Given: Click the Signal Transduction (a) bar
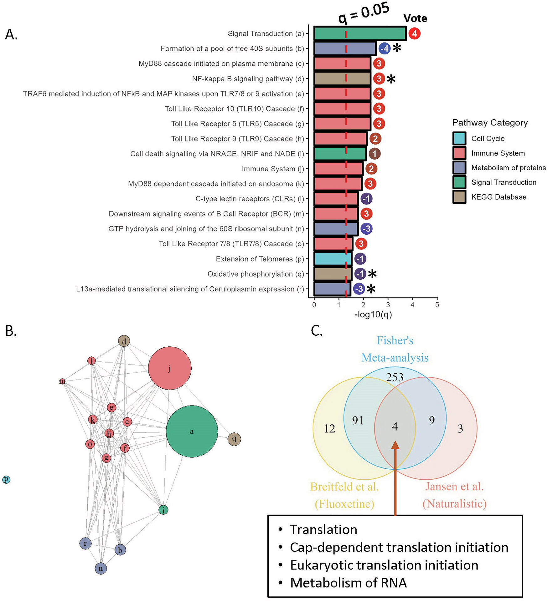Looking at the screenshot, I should (x=360, y=33).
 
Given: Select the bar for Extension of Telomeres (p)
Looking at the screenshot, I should (x=333, y=259).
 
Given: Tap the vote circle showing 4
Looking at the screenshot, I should (x=414, y=33).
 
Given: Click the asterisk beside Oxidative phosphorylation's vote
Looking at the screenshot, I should (x=372, y=274).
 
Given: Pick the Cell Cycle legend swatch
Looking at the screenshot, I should (x=459, y=138).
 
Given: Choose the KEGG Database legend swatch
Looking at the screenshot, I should (x=459, y=197).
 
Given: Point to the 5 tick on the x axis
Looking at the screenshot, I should (x=437, y=305).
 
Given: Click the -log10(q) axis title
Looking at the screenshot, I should (x=373, y=314).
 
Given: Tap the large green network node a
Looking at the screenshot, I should (x=192, y=431).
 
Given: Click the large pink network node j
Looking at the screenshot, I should (x=170, y=368).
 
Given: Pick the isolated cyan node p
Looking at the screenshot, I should (x=6, y=479).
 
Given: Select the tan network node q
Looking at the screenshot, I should (x=234, y=439).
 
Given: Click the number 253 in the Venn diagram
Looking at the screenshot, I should (x=395, y=377).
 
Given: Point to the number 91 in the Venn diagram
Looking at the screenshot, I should (x=357, y=420).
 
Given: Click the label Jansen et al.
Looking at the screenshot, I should (x=454, y=487).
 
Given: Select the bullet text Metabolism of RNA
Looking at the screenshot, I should (x=348, y=583).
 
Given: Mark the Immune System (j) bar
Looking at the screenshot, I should (x=338, y=169).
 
